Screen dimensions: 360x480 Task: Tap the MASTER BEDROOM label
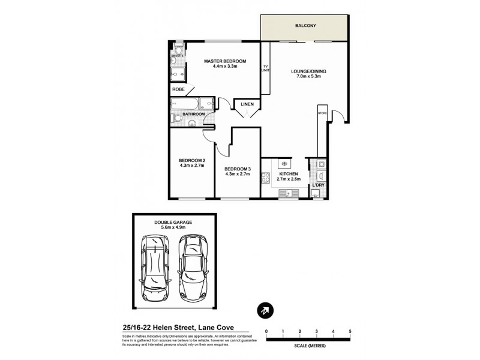pos(225,61)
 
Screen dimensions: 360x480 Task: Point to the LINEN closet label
pos(247,104)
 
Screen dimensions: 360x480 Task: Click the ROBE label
pos(178,89)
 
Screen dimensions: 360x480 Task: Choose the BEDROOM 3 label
pos(238,169)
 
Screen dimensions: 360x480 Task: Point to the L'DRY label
pos(318,185)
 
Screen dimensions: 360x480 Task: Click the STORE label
pos(322,112)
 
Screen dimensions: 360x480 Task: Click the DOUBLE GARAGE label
pos(173,222)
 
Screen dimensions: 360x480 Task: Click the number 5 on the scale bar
pos(349,331)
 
